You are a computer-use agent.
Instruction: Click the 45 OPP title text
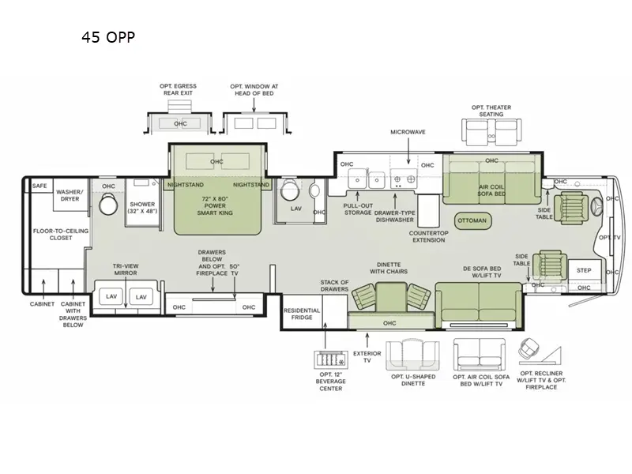click(x=108, y=36)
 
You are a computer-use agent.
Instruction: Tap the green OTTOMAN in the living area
click(x=472, y=220)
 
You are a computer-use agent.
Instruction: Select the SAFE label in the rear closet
click(x=39, y=186)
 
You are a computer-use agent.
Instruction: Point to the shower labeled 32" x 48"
click(x=142, y=209)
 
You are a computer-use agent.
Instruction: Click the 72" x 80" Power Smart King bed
click(x=216, y=208)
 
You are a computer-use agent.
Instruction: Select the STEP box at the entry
click(x=584, y=270)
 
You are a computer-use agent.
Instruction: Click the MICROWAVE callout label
click(x=408, y=132)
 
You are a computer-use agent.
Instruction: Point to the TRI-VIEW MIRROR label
click(x=125, y=270)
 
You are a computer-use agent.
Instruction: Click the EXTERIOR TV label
click(x=367, y=358)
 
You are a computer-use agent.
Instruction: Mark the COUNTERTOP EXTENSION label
click(x=429, y=236)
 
